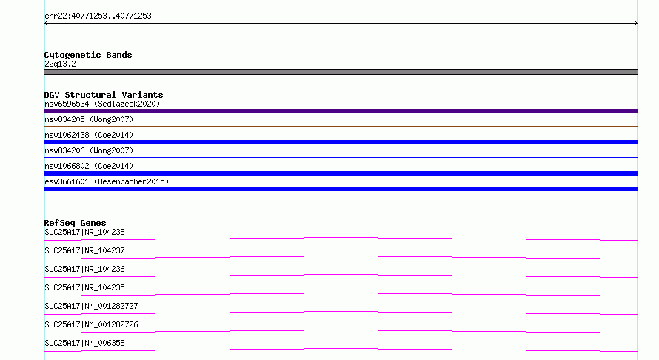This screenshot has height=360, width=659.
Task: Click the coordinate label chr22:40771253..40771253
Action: pos(98,16)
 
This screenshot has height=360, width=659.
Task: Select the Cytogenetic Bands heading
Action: pos(88,55)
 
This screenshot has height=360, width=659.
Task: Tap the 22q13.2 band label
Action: pos(60,64)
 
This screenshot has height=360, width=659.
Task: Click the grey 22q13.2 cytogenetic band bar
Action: pos(341,72)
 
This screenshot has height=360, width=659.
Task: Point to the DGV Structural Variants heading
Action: pos(104,95)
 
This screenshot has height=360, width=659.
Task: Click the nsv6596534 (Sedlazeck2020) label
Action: pos(102,104)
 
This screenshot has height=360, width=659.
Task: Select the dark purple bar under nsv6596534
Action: pos(341,111)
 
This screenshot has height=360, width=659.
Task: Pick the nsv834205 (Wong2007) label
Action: pos(89,119)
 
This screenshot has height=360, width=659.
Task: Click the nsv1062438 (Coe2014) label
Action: pos(89,135)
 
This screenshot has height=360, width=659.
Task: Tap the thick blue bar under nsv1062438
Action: pos(341,142)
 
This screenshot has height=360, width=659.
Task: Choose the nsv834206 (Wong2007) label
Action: pos(89,150)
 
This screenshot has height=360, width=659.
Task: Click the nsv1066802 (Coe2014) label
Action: pos(89,166)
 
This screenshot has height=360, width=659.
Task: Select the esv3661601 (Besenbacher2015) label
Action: pos(107,181)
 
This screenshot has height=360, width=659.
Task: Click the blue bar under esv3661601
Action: pos(341,189)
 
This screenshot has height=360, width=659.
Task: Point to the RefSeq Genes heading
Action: pos(75,223)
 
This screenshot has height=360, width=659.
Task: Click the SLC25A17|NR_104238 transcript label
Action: pos(84,232)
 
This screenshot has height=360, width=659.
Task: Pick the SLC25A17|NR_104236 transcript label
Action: pos(84,269)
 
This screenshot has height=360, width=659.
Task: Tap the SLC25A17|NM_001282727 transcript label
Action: pos(91,306)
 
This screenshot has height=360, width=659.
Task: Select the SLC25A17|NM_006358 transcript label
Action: pos(84,343)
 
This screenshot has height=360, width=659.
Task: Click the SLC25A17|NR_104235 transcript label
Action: pos(84,287)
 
